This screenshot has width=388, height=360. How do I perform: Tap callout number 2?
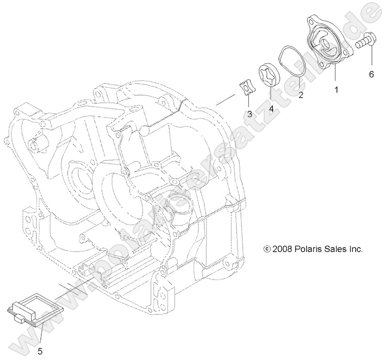click(x=301, y=95)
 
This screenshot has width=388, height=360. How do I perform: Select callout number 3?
click(x=249, y=114)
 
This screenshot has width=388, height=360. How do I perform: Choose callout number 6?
click(x=371, y=74)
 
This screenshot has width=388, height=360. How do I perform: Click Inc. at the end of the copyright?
click(x=356, y=249)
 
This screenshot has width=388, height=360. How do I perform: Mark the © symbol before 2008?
click(x=267, y=249)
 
